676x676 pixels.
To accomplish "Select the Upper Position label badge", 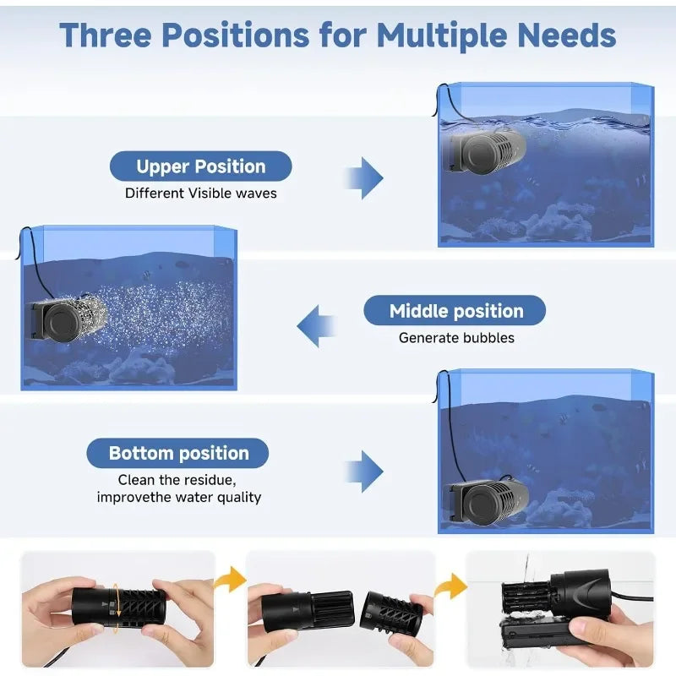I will click(x=201, y=166).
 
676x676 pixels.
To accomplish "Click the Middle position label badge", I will click(x=455, y=311).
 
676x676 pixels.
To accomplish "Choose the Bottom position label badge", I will click(x=178, y=454).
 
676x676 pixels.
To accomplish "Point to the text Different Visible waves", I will click(x=201, y=194).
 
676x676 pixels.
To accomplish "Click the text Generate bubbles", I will click(x=456, y=338).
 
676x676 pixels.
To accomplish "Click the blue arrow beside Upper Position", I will click(x=365, y=177).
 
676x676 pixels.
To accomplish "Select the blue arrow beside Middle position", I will click(x=317, y=325).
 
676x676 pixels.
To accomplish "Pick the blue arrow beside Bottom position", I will click(x=365, y=470).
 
